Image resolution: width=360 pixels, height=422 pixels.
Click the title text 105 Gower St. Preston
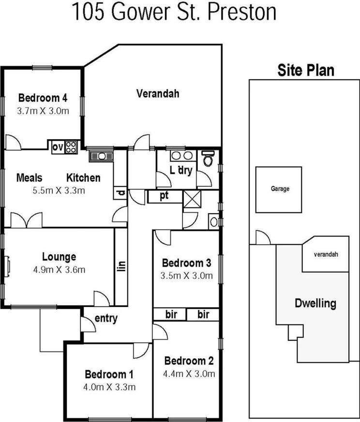(174, 12)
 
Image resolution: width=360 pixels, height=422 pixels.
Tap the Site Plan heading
(305, 70)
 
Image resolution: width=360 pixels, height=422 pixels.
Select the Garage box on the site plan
(280, 189)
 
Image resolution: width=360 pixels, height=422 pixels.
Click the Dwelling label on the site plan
(315, 304)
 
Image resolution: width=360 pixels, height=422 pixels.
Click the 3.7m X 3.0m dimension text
(43, 111)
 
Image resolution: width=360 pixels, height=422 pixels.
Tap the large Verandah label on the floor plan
(157, 93)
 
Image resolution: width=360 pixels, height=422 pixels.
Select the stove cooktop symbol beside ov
(72, 146)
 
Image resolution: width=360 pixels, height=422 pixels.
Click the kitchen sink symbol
(101, 156)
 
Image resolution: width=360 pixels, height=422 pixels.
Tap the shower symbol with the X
(191, 199)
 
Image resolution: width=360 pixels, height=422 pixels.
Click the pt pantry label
(164, 196)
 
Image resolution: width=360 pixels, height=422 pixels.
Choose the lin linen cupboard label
(121, 265)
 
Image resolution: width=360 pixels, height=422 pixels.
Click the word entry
(105, 319)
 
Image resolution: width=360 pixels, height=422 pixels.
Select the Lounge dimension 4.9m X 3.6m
(59, 269)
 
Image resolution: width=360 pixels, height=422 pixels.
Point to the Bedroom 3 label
(186, 263)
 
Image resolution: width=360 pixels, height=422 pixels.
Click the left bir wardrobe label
(171, 314)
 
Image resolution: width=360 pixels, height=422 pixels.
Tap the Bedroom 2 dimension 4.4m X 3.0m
(189, 373)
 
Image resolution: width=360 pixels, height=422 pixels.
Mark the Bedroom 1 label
(109, 374)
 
